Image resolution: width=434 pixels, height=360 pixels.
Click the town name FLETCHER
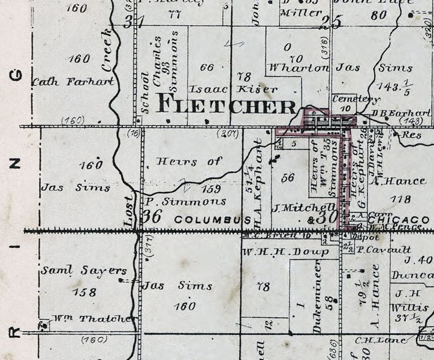(x=226, y=106)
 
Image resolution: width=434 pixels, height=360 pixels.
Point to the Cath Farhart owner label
(x=73, y=81)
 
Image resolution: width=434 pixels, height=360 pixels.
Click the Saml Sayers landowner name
(x=76, y=271)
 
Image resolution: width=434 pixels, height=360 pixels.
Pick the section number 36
(x=153, y=217)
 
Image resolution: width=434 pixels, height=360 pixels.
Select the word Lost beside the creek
(x=129, y=210)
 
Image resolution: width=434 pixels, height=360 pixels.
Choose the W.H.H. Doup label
(x=285, y=251)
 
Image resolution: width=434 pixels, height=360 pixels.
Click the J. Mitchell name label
(x=294, y=208)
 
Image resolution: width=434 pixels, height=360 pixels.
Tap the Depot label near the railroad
(x=360, y=237)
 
